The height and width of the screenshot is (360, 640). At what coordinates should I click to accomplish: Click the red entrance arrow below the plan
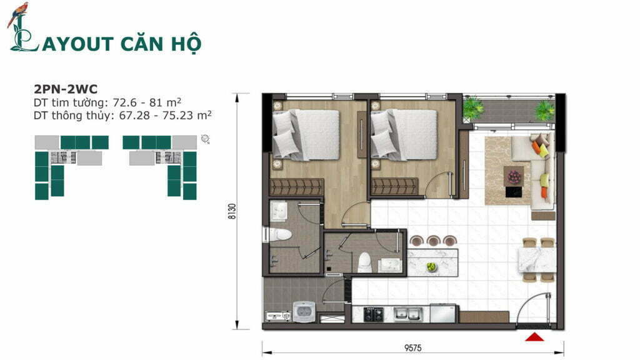[534, 337]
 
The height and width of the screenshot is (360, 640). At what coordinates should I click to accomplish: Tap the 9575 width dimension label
[413, 348]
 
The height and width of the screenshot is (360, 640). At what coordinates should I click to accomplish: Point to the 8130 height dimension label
[232, 211]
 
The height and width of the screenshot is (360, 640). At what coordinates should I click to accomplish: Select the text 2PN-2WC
[66, 89]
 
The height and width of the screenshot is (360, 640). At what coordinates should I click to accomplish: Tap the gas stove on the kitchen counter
[374, 314]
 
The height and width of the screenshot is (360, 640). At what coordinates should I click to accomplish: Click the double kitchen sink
[407, 314]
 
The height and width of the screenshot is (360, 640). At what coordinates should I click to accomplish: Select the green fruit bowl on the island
[431, 267]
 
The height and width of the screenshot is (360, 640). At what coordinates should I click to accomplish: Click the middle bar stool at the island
[432, 241]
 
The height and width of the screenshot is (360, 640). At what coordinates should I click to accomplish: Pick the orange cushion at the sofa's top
[536, 146]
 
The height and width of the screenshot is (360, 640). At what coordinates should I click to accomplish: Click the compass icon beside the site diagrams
[205, 139]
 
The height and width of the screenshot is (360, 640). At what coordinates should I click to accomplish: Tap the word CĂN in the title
[143, 43]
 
